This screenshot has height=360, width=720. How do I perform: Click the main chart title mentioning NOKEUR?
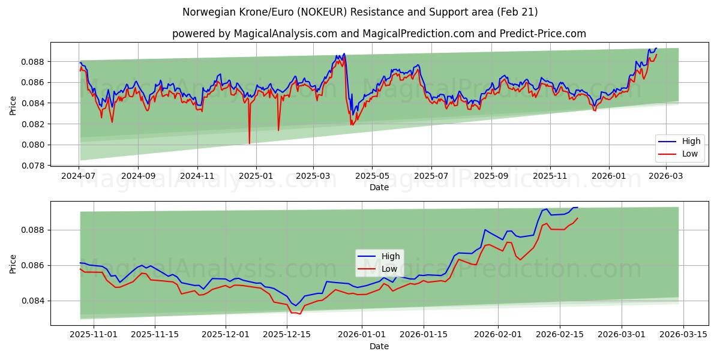pos(359,12)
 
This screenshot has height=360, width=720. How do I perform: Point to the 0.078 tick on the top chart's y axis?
pos(34,166)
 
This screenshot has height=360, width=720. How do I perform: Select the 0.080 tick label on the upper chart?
pos(34,145)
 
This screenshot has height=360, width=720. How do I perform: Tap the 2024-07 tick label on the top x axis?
pos(79,176)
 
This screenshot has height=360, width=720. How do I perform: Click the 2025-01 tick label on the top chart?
pos(256,176)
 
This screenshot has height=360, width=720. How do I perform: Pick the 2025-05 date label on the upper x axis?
pos(372,176)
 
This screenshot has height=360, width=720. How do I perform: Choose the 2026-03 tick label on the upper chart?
pos(666,176)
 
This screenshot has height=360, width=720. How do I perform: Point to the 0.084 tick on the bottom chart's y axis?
pos(34,301)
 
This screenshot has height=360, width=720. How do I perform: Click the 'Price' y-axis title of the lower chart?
pos(13,263)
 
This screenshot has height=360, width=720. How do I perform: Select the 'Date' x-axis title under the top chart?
pos(379,187)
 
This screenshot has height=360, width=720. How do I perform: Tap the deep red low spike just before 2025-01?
pos(250,143)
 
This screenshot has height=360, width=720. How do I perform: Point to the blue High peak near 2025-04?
pos(344,53)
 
